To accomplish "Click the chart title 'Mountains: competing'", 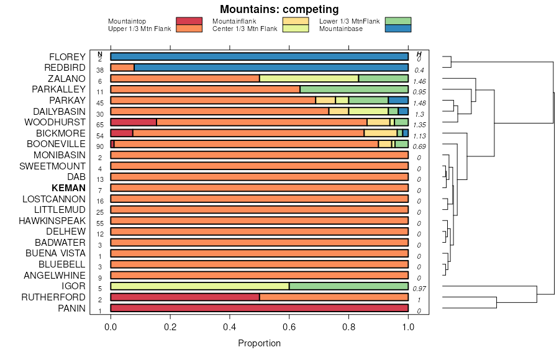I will [279, 9].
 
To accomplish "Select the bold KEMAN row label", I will [68, 188].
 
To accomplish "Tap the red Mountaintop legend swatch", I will [189, 21].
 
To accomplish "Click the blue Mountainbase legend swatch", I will [398, 29].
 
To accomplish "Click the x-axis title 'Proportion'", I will [259, 343].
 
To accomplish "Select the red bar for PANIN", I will [259, 308].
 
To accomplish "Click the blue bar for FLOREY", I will [259, 57].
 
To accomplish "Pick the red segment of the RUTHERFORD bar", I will [185, 297].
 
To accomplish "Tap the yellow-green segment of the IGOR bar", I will [199, 286].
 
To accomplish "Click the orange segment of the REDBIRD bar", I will [122, 68].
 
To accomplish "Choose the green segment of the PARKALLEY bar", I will [354, 89].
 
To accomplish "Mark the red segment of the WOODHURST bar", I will [134, 122].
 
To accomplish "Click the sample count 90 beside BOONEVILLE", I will [100, 146].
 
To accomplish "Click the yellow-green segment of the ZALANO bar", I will [309, 79].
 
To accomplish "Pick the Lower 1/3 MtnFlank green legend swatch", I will [398, 21].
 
